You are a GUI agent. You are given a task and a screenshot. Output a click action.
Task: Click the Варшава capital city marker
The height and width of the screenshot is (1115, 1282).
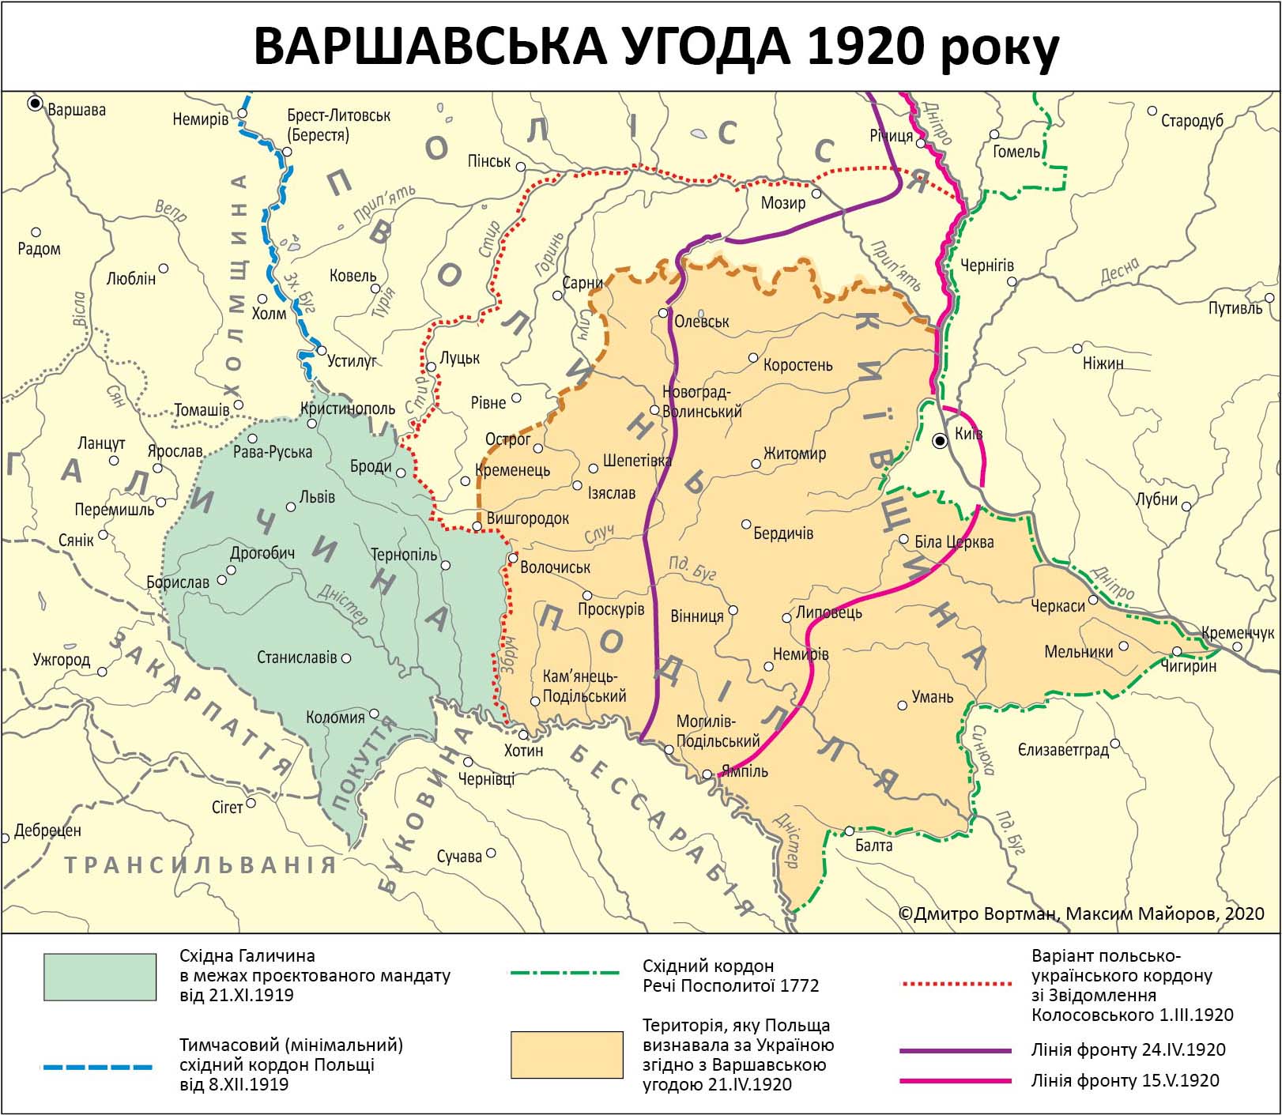pyautogui.click(x=35, y=103)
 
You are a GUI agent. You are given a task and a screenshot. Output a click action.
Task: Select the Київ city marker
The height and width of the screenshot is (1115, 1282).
pyautogui.click(x=940, y=441)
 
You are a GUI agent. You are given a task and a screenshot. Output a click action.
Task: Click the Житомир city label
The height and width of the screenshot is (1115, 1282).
pyautogui.click(x=794, y=454)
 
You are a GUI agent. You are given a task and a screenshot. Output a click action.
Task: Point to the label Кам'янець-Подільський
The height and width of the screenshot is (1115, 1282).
pyautogui.click(x=584, y=686)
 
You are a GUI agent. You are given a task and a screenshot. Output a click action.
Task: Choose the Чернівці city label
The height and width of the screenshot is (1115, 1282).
pyautogui.click(x=486, y=778)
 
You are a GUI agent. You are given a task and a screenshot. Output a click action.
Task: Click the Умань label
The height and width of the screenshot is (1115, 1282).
pyautogui.click(x=933, y=697)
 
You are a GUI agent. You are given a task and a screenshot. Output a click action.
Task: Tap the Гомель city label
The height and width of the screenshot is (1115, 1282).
pyautogui.click(x=1016, y=151)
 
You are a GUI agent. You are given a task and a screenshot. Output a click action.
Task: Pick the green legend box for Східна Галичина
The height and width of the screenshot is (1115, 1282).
pyautogui.click(x=100, y=977)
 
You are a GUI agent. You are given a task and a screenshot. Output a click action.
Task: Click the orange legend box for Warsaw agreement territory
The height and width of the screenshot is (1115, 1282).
pyautogui.click(x=567, y=1055)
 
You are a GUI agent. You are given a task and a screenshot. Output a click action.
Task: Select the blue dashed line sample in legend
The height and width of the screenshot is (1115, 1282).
pyautogui.click(x=96, y=1067)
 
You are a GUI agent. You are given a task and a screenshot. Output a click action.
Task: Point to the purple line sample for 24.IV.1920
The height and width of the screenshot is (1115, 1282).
pyautogui.click(x=956, y=1051)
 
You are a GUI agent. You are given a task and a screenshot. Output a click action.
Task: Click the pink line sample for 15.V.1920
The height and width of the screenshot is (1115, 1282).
pyautogui.click(x=956, y=1080)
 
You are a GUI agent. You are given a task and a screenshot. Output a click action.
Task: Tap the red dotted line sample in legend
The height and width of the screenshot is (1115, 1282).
pyautogui.click(x=956, y=985)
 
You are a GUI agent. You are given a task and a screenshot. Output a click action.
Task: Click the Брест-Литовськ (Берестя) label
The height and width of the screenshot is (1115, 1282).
pyautogui.click(x=339, y=125)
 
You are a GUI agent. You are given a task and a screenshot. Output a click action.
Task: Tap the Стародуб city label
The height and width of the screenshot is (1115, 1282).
pyautogui.click(x=1192, y=121)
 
